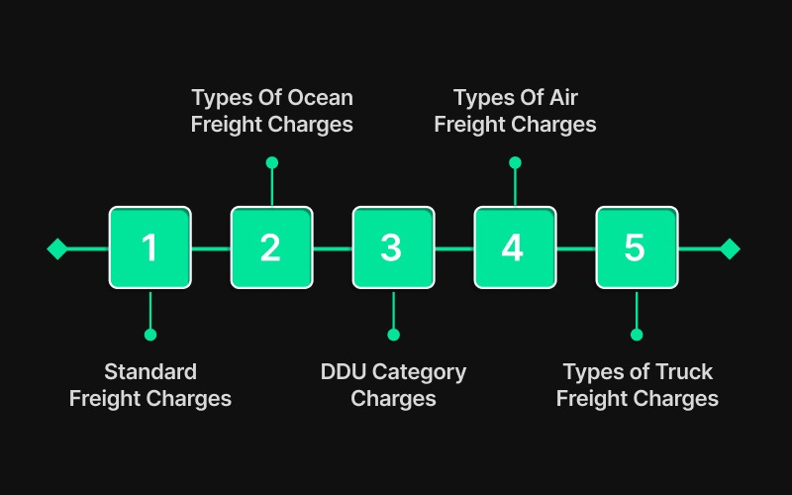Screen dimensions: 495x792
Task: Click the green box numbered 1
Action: point(149,247)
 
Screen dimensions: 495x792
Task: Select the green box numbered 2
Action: point(271,247)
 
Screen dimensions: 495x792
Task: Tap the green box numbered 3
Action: point(393,247)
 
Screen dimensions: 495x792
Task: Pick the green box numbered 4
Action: point(514,247)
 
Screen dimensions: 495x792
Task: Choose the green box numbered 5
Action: point(636,247)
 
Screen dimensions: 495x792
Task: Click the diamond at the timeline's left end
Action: point(57,248)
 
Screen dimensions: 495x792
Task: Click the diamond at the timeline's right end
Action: point(730,248)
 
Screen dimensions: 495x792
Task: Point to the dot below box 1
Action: point(150,335)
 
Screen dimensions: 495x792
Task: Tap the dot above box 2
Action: point(272,162)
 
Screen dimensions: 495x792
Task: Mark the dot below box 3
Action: point(393,335)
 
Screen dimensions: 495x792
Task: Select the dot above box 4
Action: point(514,162)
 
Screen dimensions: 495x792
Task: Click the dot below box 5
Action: point(637,335)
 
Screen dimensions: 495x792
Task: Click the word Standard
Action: point(150,372)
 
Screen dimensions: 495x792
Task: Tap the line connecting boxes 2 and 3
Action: point(332,248)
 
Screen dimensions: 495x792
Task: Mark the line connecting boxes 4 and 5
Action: point(575,248)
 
